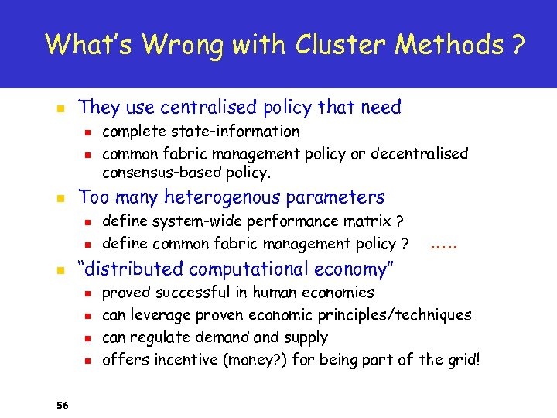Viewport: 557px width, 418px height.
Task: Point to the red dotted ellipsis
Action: [x=444, y=245]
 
